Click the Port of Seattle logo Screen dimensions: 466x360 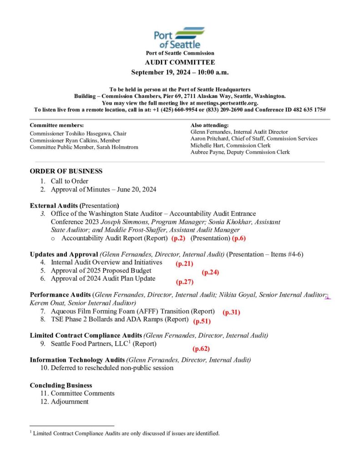pos(179,38)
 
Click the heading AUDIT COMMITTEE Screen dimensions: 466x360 pos(180,62)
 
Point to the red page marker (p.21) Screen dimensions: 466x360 pos(184,263)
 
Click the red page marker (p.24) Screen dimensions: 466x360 pos(210,272)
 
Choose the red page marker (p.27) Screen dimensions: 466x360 pos(185,282)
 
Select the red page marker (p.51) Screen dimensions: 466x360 pos(201,321)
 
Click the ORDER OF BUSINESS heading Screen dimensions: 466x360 pos(66,171)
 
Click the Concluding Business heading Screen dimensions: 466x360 pos(61,385)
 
